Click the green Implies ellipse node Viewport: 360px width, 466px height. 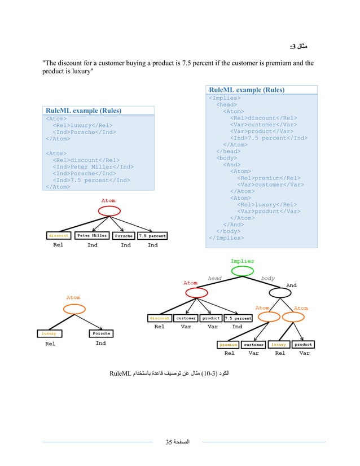242,271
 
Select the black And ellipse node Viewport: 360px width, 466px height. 280,293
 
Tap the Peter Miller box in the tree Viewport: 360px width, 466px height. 92,236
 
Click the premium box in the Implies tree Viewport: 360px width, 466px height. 229,344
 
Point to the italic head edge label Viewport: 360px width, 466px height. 214,278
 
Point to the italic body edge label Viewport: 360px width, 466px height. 267,278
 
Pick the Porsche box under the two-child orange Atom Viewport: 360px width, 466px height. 100,333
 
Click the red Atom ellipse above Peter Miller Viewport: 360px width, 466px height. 108,210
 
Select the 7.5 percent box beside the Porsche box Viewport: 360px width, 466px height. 152,236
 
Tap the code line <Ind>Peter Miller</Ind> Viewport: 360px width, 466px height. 93,166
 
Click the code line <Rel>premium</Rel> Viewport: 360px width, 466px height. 269,178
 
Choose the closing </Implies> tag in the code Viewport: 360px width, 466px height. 227,238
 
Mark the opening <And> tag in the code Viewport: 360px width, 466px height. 232,164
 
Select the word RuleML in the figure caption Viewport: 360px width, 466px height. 120,373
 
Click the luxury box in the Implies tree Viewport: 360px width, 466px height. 278,344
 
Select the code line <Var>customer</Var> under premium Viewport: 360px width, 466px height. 271,184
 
